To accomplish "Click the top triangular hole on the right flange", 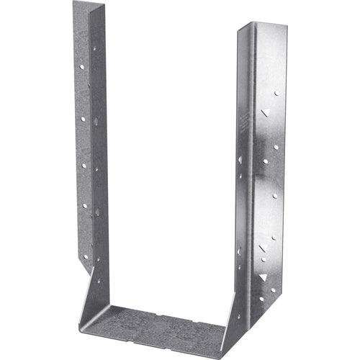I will click(266, 112).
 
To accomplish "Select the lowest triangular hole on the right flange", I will click(264, 276).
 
